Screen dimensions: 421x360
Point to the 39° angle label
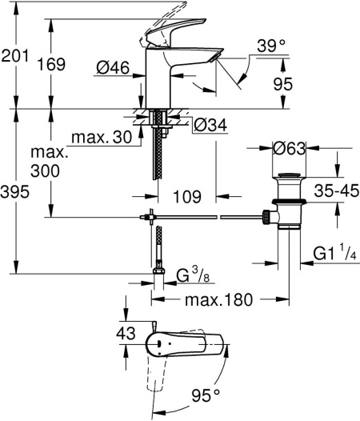(x=272, y=47)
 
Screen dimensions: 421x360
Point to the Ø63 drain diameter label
(x=289, y=148)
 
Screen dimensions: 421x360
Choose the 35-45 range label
(x=334, y=190)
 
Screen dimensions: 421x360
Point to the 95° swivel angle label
(x=206, y=394)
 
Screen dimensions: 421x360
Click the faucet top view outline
(x=184, y=344)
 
